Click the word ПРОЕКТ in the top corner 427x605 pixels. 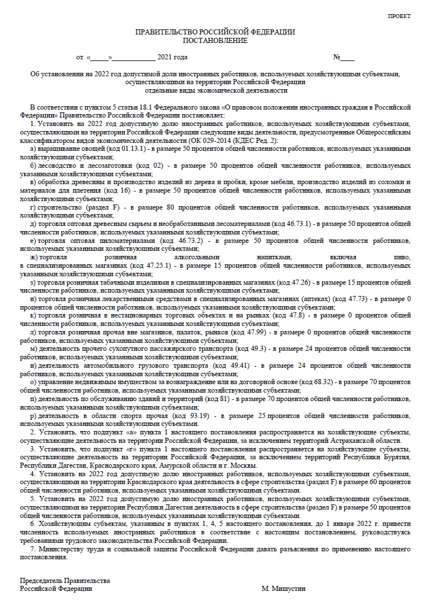click(x=399, y=16)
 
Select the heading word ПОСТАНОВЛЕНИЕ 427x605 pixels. click(x=215, y=41)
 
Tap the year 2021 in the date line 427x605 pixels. click(x=165, y=58)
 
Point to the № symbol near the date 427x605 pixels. click(x=337, y=58)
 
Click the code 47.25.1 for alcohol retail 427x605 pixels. click(x=145, y=265)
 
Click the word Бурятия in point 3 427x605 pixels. click(x=396, y=457)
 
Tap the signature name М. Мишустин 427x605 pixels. click(x=283, y=588)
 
